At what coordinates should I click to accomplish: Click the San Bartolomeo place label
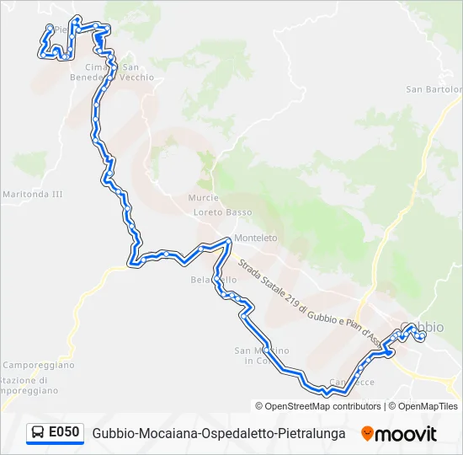[434, 88]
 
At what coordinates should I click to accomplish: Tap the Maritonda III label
[33, 194]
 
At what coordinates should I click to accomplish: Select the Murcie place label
[204, 197]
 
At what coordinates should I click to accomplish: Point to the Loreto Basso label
[222, 211]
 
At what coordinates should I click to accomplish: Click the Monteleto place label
[255, 238]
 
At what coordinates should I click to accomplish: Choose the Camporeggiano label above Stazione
[38, 365]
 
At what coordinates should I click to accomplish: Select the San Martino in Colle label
[261, 356]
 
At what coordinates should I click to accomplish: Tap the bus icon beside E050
[38, 433]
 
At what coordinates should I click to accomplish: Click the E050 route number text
[64, 433]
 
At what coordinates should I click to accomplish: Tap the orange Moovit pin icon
[367, 434]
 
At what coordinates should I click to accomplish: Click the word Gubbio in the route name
[114, 434]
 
